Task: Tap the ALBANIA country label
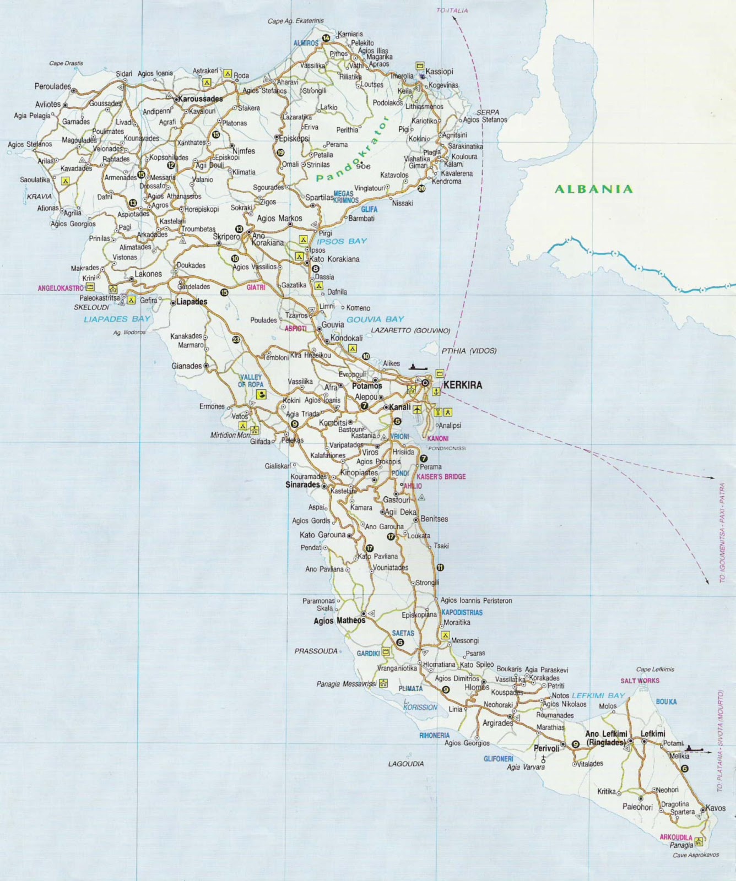pyautogui.click(x=593, y=189)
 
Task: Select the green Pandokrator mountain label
pyautogui.click(x=353, y=149)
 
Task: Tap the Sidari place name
pyautogui.click(x=125, y=73)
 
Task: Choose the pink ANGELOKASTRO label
pyautogui.click(x=60, y=288)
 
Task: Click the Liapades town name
pyautogui.click(x=191, y=302)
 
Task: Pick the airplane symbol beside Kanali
pyautogui.click(x=418, y=409)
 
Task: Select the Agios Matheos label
pyautogui.click(x=339, y=621)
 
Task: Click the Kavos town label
pyautogui.click(x=715, y=808)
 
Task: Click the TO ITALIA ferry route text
pyautogui.click(x=452, y=10)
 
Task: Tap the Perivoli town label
pyautogui.click(x=546, y=748)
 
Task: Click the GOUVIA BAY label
pyautogui.click(x=383, y=319)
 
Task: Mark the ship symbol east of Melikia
pyautogui.click(x=694, y=748)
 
